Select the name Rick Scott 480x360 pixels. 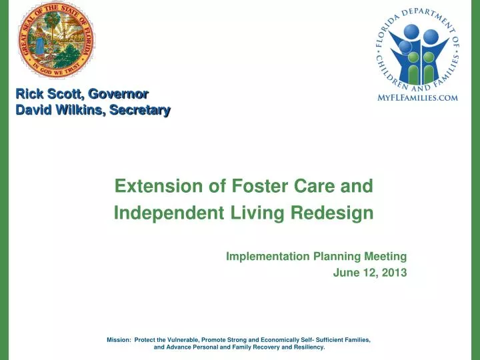44,95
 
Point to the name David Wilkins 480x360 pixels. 57,110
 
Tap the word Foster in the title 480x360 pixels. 254,186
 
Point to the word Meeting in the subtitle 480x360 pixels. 385,256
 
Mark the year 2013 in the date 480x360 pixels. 394,273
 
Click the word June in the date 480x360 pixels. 345,273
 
